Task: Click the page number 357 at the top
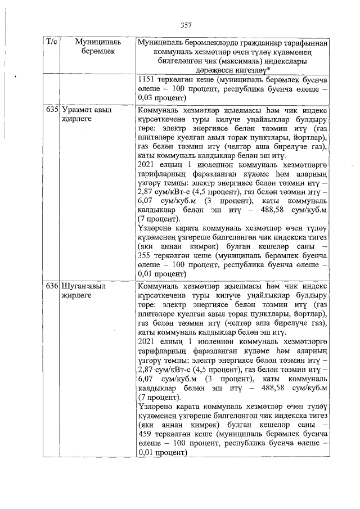[x=187, y=25]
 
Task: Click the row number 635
[x=52, y=110]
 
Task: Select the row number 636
[x=52, y=286]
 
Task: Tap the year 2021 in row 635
[x=148, y=164]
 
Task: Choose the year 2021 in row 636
[x=148, y=341]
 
